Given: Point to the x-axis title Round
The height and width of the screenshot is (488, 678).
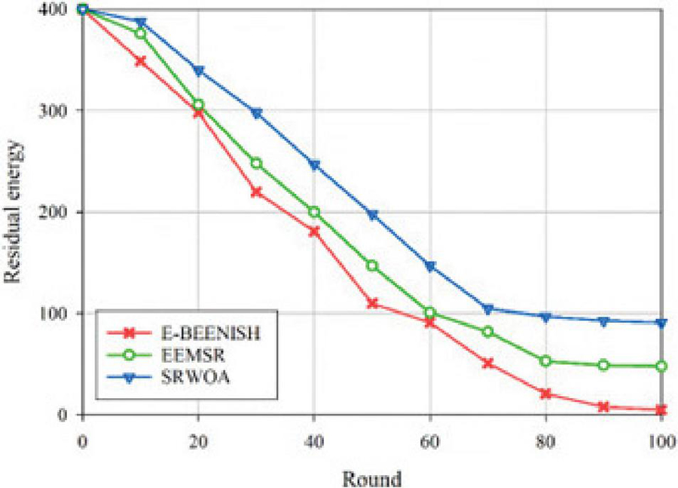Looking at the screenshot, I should click(371, 477).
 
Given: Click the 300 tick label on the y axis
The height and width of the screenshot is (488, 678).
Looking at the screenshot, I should click(53, 110).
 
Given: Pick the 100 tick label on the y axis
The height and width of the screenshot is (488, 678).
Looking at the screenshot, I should click(53, 313).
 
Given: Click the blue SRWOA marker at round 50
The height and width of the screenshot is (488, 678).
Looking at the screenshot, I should click(372, 215).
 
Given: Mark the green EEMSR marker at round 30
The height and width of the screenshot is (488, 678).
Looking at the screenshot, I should click(256, 163).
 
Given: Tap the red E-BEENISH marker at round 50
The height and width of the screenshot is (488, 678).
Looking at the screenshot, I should click(372, 303).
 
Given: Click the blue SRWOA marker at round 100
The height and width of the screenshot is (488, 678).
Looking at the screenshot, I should click(661, 323).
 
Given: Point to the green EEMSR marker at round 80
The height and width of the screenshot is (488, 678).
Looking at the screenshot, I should click(546, 361).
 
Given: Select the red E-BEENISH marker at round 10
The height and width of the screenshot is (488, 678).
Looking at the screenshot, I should click(140, 61).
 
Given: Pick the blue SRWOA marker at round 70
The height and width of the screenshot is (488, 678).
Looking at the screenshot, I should click(488, 309).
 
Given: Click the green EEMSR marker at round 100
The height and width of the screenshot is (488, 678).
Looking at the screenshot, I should click(661, 366).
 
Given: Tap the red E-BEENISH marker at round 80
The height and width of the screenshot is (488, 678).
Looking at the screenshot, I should click(546, 394).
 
